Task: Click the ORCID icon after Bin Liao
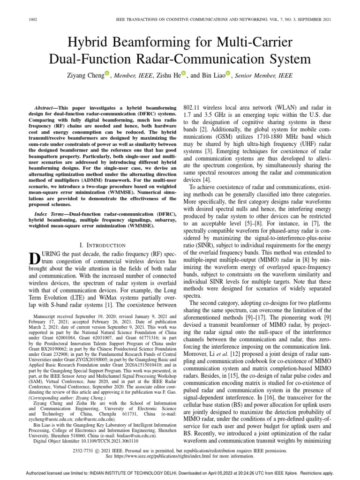pos(228,73)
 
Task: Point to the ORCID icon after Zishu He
pos(183,73)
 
